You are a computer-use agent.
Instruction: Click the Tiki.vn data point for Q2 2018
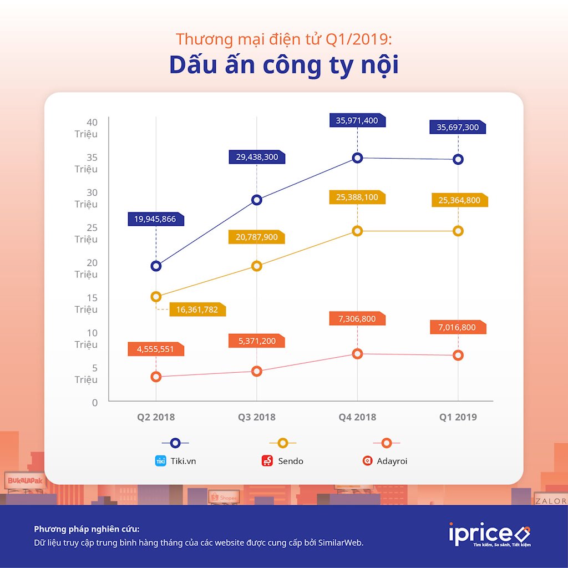156,266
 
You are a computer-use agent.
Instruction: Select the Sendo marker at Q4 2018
357,231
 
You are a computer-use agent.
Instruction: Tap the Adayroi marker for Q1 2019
458,356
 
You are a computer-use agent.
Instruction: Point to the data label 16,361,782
196,310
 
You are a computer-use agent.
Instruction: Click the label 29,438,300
256,157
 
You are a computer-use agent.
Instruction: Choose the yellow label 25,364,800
459,200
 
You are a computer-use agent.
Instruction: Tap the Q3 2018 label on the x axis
256,417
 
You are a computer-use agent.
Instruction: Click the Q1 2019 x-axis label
458,417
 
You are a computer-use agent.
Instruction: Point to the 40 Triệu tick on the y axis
87,128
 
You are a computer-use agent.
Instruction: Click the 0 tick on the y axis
94,403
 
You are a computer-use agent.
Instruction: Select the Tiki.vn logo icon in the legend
160,460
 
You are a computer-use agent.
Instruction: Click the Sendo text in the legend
291,461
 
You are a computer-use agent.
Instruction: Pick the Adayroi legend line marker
387,443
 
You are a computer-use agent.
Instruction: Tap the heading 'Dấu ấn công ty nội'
283,65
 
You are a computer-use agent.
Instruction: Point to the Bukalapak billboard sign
24,482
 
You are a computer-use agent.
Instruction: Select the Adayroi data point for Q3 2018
256,371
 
